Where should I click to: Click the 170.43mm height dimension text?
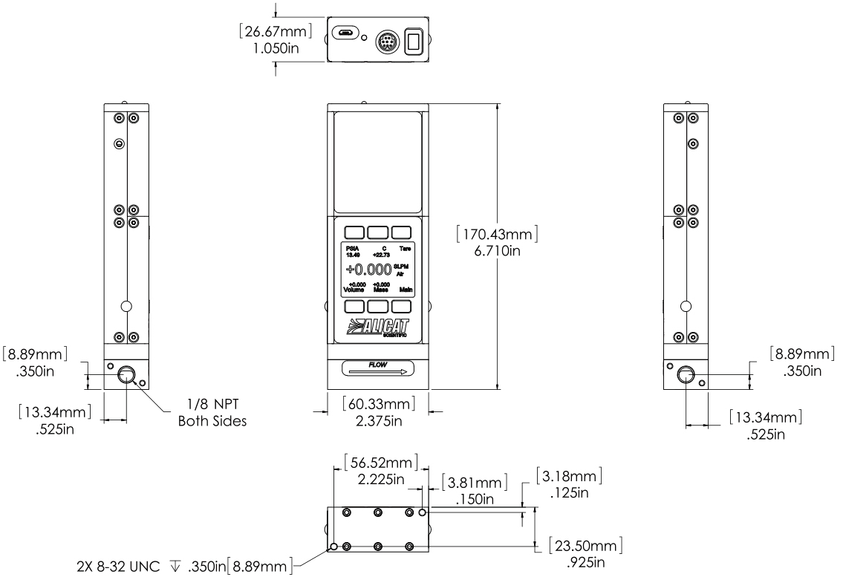498,234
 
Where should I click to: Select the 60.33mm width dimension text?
378,404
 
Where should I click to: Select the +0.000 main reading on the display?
370,269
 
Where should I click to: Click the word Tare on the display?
405,249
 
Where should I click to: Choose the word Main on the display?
406,289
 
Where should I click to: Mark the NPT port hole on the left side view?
126,374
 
